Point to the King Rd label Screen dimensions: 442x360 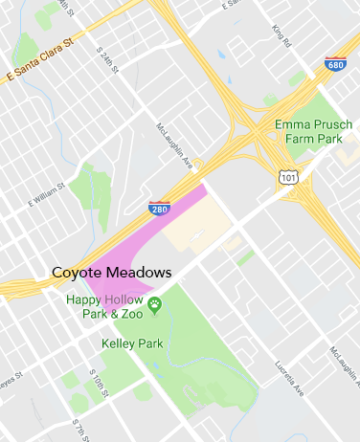279,39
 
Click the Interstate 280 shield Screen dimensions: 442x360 160,208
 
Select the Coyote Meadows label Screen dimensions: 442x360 111,273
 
